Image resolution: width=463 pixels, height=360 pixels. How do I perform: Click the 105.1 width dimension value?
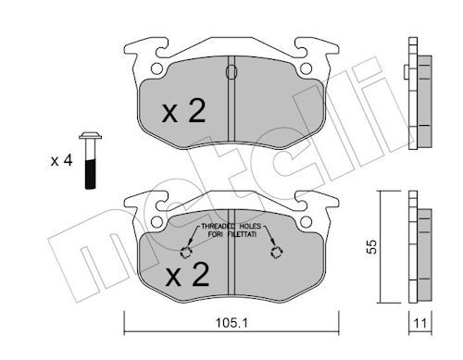point(231,323)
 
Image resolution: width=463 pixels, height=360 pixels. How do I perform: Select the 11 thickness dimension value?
point(420,323)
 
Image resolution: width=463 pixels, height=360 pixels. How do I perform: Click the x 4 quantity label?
point(61,161)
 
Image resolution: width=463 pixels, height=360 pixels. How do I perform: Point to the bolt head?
point(90,136)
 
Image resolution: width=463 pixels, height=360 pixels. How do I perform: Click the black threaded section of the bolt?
point(90,174)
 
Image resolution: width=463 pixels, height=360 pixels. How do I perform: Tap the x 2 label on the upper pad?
point(184,112)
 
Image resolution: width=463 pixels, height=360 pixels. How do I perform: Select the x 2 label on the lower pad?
point(187,275)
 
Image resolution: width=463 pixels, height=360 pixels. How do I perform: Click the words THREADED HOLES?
point(231,226)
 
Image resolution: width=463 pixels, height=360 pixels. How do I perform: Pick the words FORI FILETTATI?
point(232,234)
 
